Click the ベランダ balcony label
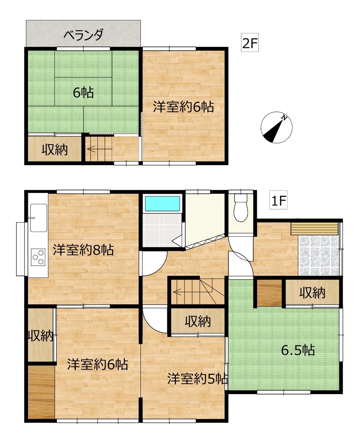[83, 35]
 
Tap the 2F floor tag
[250, 43]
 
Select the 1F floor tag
[278, 201]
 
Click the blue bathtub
[163, 204]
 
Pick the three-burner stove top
[38, 257]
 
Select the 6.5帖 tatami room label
[298, 350]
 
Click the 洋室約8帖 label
[83, 250]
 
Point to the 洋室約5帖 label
[197, 379]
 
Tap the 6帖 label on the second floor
[83, 92]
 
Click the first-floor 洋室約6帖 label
[97, 364]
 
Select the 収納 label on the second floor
[54, 149]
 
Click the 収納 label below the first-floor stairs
[198, 321]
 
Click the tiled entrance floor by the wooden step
[319, 255]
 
